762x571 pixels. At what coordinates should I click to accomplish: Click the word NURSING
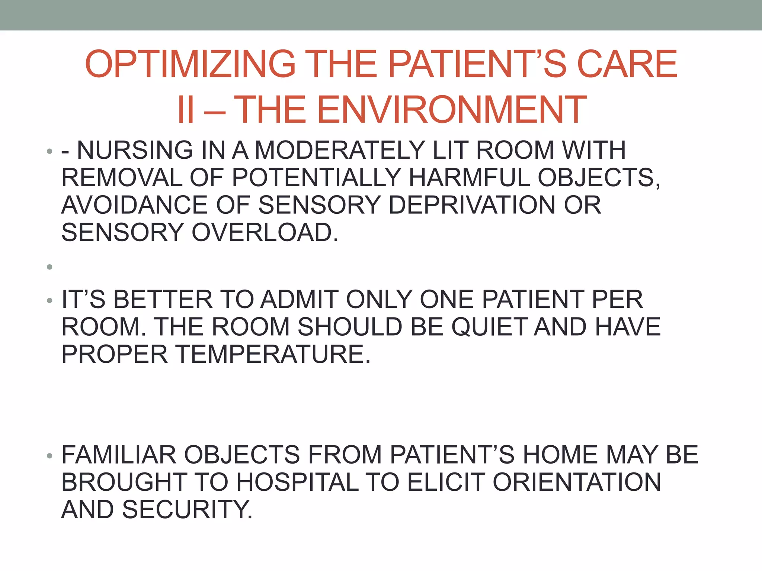pyautogui.click(x=135, y=150)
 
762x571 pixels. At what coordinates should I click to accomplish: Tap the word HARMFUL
pyautogui.click(x=469, y=178)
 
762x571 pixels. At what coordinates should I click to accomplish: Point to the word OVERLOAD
pyautogui.click(x=265, y=233)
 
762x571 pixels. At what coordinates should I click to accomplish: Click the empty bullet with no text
pyautogui.click(x=49, y=267)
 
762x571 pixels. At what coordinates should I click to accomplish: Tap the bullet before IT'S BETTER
pyautogui.click(x=49, y=300)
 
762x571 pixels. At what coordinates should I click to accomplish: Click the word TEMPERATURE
pyautogui.click(x=273, y=354)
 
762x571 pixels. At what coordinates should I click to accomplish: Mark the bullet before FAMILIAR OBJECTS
pyautogui.click(x=49, y=456)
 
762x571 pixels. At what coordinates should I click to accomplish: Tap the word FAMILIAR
pyautogui.click(x=119, y=455)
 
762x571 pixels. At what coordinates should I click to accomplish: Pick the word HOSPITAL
pyautogui.click(x=297, y=483)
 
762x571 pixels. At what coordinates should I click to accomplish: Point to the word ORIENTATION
pyautogui.click(x=577, y=483)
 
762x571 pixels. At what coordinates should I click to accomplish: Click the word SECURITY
pyautogui.click(x=187, y=510)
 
